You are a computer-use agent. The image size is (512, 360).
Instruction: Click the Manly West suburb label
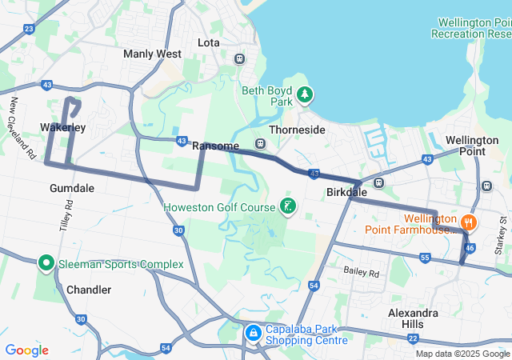[152, 54]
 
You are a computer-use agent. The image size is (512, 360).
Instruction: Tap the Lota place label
[208, 42]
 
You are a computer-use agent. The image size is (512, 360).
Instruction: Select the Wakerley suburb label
[62, 127]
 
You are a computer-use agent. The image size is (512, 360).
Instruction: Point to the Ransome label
[216, 146]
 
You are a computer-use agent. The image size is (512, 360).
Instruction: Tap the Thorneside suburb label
[297, 130]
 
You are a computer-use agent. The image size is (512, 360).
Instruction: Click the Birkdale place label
[346, 193]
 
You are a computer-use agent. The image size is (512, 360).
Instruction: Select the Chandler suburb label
[89, 290]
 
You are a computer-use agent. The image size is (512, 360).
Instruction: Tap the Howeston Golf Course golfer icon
[288, 207]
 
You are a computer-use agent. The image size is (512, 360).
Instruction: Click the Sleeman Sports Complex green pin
[46, 262]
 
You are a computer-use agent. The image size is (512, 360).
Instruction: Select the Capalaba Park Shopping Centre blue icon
[253, 331]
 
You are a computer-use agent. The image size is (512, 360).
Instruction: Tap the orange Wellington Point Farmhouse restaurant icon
[469, 222]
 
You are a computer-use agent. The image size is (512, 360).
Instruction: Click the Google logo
[26, 350]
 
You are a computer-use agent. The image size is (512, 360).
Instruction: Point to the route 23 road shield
[30, 29]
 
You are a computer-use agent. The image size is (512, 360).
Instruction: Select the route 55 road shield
[425, 258]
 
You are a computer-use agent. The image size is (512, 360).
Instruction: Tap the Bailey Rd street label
[362, 273]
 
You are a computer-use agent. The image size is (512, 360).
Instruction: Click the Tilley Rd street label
[66, 216]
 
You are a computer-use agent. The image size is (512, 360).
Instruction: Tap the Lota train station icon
[239, 58]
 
